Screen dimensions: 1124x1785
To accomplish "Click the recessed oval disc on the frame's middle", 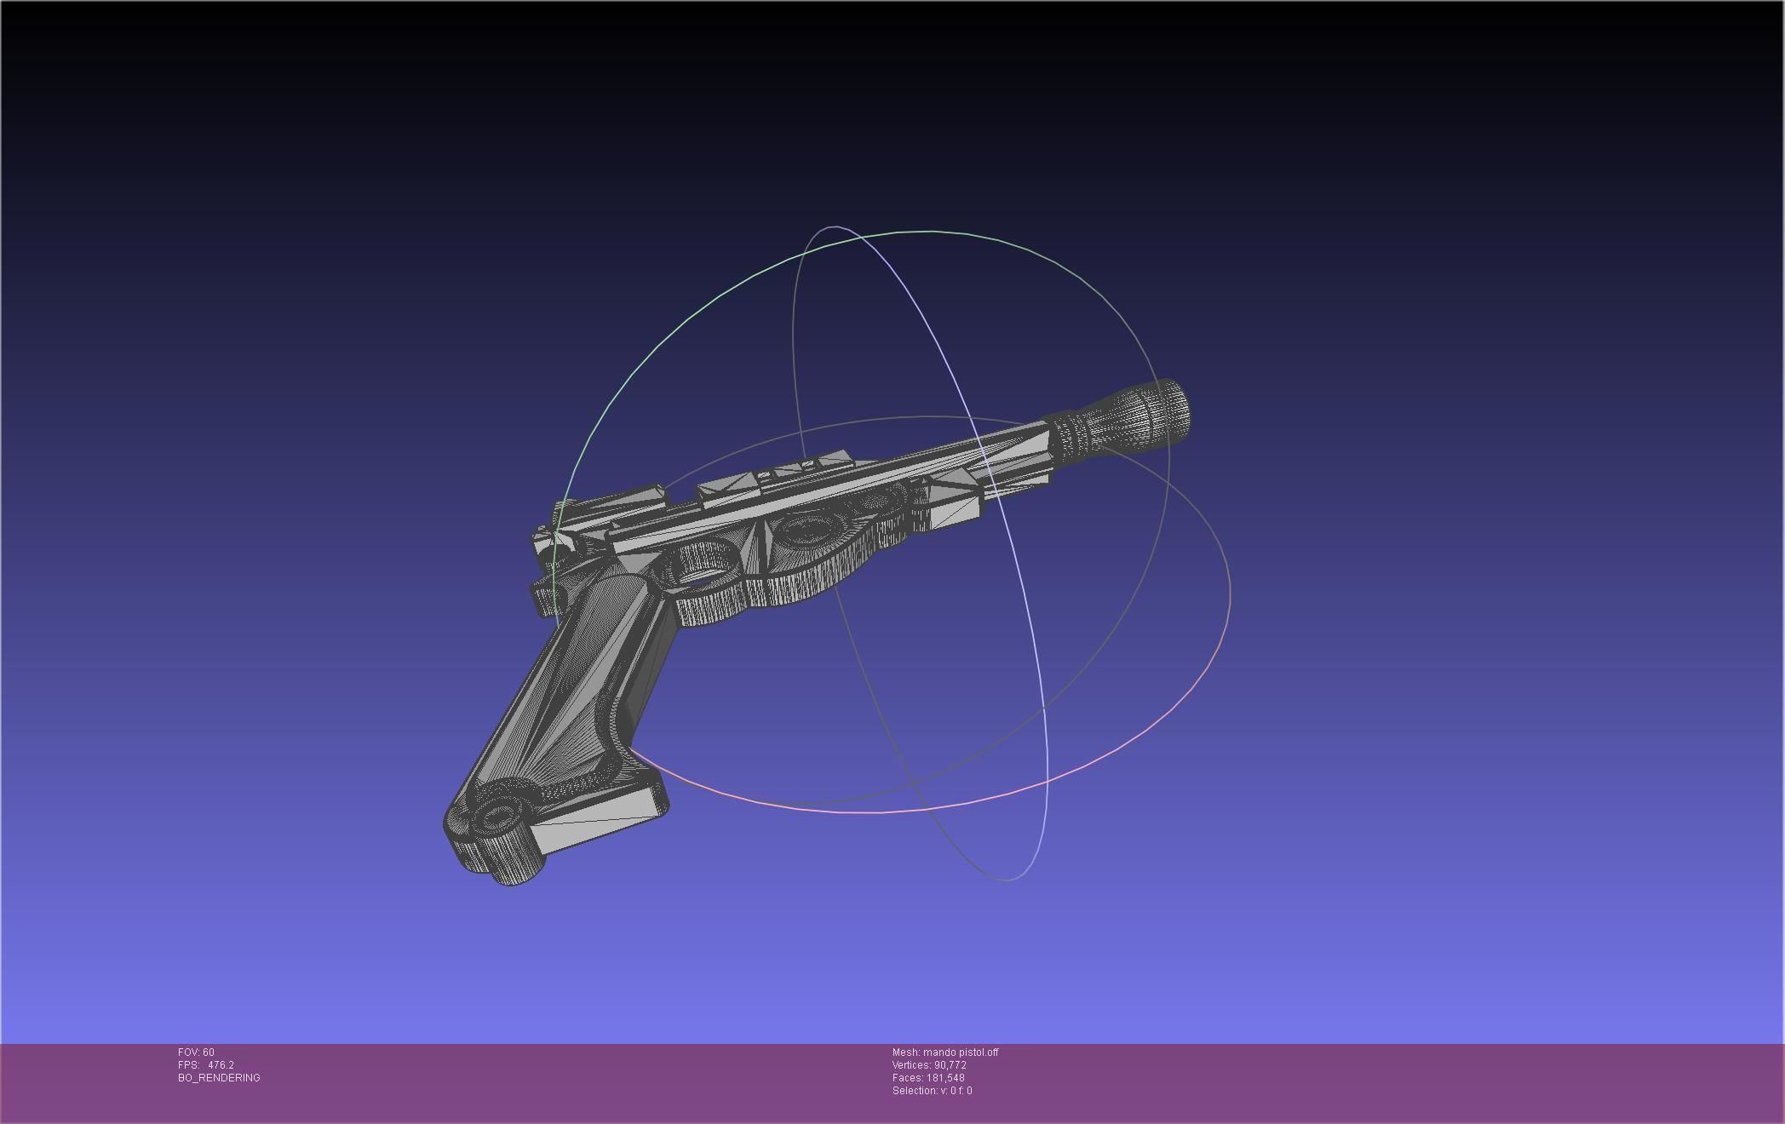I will (805, 532).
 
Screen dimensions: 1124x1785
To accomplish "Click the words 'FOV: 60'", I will (196, 1052).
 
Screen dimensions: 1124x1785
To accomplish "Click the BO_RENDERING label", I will (219, 1078).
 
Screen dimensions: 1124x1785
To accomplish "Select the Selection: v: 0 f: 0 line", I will (932, 1091).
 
